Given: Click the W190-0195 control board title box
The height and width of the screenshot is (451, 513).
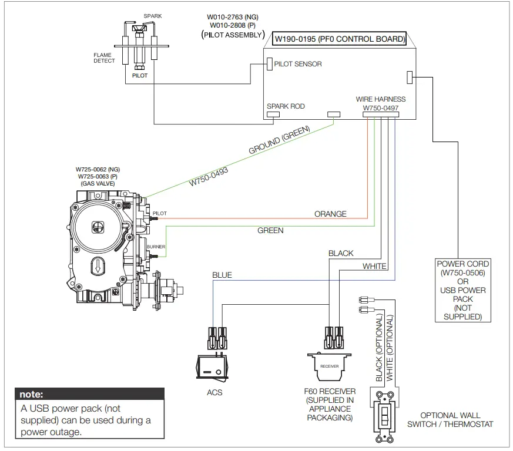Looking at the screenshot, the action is click(x=339, y=39).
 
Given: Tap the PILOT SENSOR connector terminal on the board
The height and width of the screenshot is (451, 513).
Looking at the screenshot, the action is click(x=270, y=64).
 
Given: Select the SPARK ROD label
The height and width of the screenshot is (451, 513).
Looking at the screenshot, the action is click(x=286, y=106).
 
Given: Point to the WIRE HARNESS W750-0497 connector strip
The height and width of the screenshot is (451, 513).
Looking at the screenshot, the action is click(x=381, y=115).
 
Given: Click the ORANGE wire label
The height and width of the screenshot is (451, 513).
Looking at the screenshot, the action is click(x=330, y=214).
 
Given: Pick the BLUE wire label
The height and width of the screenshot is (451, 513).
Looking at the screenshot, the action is click(x=222, y=275).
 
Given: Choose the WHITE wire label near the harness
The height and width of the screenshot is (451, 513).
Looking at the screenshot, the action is click(x=374, y=266).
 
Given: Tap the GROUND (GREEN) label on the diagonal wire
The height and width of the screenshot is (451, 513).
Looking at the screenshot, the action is click(x=279, y=140).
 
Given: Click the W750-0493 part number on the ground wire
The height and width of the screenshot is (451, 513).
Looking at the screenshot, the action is click(x=209, y=177).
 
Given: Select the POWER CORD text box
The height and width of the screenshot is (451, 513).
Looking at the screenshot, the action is click(x=463, y=290).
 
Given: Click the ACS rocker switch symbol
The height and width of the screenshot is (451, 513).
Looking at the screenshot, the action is click(x=212, y=368).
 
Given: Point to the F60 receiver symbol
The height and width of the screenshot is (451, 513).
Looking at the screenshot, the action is click(x=330, y=366).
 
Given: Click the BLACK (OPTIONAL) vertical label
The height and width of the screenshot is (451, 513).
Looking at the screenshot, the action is click(x=379, y=347).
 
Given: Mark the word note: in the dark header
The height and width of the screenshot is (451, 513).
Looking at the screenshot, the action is click(x=31, y=394).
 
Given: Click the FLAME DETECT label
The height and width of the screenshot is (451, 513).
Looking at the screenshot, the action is click(x=105, y=58).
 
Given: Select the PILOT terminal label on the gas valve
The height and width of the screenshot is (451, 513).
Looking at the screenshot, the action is click(x=160, y=213).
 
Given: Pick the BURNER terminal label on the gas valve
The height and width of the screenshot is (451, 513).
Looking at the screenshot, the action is click(x=156, y=247).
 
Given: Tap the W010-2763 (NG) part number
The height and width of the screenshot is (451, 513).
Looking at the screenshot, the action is click(x=233, y=17).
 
